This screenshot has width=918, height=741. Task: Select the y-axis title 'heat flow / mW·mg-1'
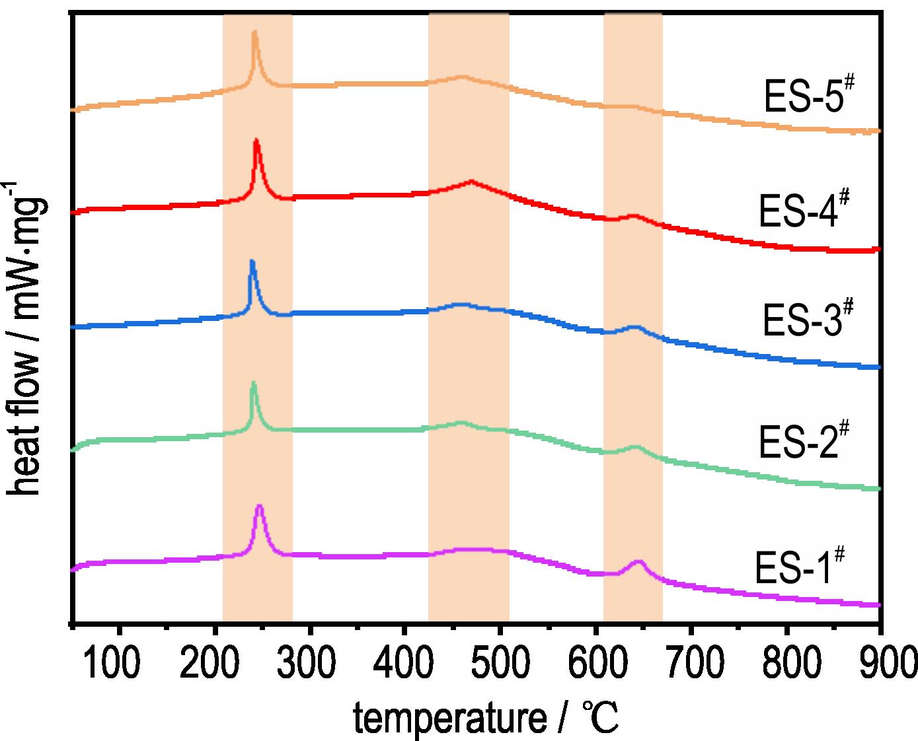[x=28, y=336]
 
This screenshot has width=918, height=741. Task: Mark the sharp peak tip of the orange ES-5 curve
[x=254, y=32]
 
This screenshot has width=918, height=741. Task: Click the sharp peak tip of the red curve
[x=256, y=141]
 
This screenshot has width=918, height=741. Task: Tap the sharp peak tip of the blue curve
[x=252, y=262]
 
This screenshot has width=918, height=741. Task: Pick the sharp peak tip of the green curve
[x=253, y=384]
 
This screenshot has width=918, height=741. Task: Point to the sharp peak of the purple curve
[x=259, y=507]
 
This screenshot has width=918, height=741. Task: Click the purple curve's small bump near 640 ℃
[x=638, y=562]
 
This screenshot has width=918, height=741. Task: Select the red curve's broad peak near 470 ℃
[x=471, y=181]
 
